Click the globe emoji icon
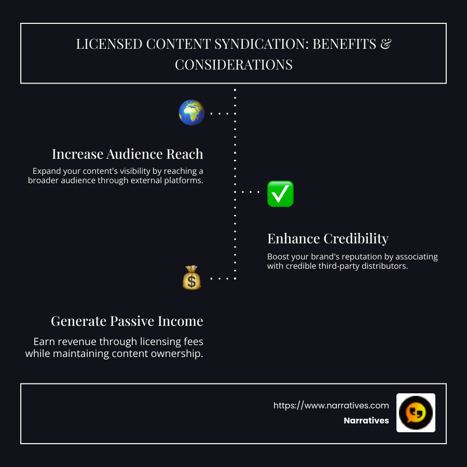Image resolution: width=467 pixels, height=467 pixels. coord(191,113)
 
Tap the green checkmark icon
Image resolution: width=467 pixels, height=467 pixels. coord(280,194)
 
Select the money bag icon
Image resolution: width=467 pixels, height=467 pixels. coord(191,278)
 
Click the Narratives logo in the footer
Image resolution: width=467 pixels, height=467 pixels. coord(416,413)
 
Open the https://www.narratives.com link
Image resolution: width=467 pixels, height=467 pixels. coord(331,405)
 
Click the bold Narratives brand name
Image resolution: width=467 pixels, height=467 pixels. coord(366,421)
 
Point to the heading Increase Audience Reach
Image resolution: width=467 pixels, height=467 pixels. coord(127,154)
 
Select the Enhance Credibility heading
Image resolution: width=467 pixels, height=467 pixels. coord(327,239)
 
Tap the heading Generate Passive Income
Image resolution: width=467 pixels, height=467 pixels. coord(127,321)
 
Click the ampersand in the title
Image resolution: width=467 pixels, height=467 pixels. coord(386,44)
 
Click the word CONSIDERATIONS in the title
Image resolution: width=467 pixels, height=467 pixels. coord(233,65)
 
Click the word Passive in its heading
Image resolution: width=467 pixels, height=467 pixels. coord(134,321)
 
